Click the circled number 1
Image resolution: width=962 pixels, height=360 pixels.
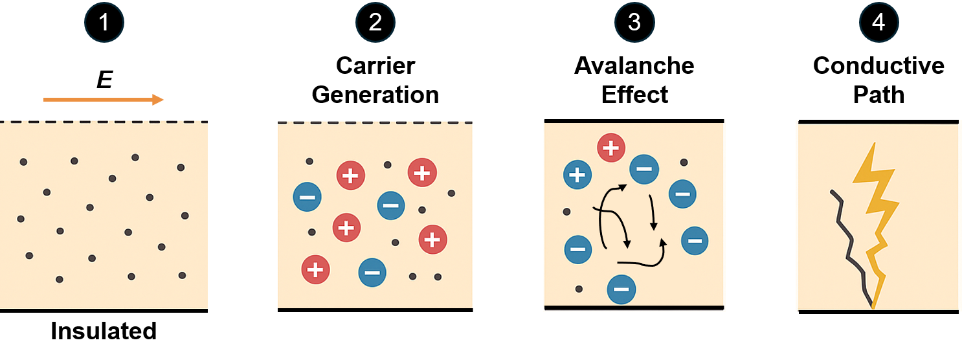point(104,23)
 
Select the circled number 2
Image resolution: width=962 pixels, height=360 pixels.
point(375,23)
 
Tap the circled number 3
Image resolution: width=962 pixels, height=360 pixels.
point(634,23)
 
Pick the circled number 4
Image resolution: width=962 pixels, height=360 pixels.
point(878,23)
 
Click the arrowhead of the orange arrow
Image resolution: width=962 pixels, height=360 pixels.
point(159,100)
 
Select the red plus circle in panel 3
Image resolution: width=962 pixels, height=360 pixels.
point(610,148)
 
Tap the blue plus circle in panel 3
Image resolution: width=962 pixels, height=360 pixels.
point(577,175)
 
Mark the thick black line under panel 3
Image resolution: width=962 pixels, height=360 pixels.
point(634,307)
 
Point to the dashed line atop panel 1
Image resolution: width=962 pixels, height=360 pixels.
point(104,121)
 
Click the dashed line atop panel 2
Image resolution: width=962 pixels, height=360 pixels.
point(375,122)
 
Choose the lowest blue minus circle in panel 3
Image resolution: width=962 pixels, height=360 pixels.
point(621,289)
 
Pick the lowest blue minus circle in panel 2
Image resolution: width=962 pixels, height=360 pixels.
point(372,273)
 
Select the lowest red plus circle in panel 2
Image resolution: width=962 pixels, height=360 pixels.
point(315,269)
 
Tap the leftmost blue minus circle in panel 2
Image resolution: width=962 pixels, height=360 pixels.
point(307,197)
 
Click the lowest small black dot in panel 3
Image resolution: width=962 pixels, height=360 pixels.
point(579,289)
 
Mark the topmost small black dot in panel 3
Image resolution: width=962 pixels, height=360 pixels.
point(684,163)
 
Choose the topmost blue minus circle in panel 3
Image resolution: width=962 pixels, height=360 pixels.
point(644,169)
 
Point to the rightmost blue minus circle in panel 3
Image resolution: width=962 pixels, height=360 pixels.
point(695,240)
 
